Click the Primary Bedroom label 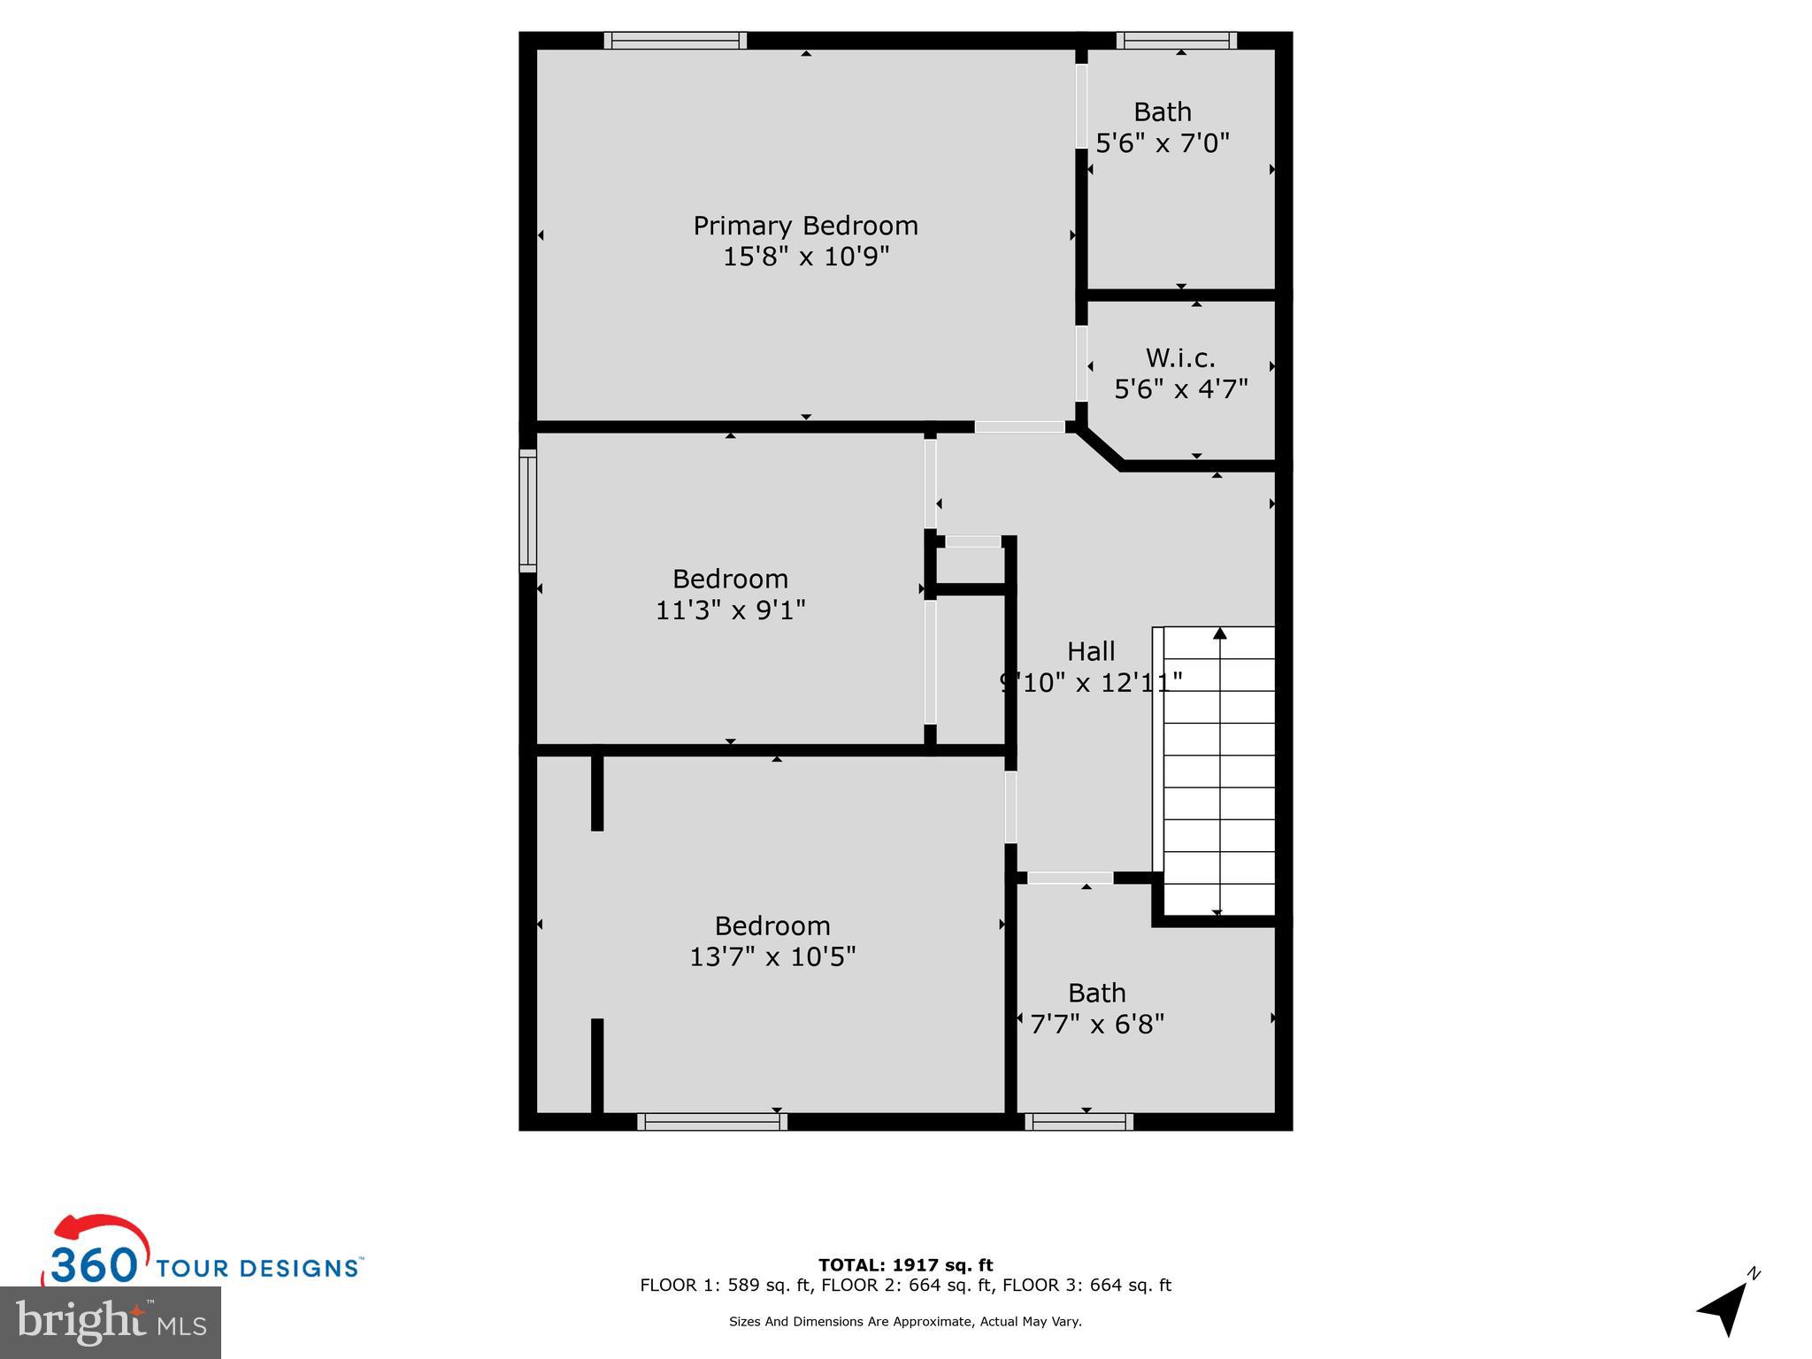tap(805, 226)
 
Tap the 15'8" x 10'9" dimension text tap(805, 257)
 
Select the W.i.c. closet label tap(1180, 357)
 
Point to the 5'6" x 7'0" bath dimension tap(1163, 142)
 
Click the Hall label tap(1090, 651)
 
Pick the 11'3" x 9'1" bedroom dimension tap(730, 610)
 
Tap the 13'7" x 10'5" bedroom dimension tap(772, 956)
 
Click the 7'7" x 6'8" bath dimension tap(1097, 1024)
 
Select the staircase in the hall tap(1219, 770)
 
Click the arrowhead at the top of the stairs tap(1220, 633)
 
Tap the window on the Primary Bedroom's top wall tap(675, 41)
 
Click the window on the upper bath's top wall tap(1176, 41)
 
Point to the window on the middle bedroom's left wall tap(527, 511)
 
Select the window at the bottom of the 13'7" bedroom tap(712, 1122)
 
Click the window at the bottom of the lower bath tap(1079, 1122)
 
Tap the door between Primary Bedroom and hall tap(1019, 426)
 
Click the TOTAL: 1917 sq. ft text tap(905, 1265)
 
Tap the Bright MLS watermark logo tap(111, 1322)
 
